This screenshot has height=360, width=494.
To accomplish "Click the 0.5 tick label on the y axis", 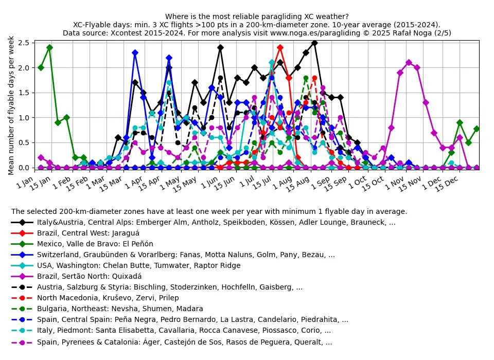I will coord(24,142).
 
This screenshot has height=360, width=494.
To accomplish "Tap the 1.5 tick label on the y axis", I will coord(24,93).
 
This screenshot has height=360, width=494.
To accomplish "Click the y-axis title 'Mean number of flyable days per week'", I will coord(11,105).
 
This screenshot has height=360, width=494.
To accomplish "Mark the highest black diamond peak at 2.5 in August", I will coord(314,43).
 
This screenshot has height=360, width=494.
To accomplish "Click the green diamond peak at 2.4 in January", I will coord(49,47).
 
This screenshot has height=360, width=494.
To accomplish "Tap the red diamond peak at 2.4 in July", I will coord(280,47).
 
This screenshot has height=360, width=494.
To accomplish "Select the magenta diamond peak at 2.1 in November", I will coord(409,63).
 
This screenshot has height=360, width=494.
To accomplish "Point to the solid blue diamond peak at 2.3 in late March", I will coord(135,52).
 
